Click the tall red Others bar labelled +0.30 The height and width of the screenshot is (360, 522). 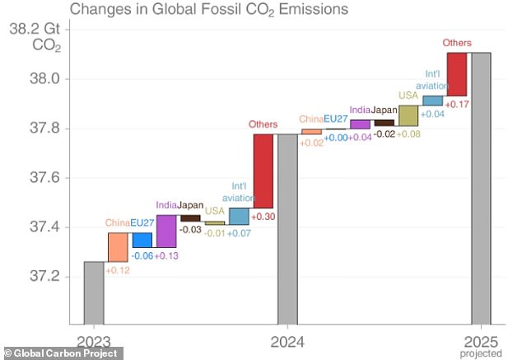(x=263, y=171)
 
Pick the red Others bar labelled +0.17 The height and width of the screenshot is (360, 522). (x=457, y=74)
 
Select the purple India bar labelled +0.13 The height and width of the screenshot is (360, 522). (x=166, y=231)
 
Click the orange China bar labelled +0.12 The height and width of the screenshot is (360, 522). (x=118, y=246)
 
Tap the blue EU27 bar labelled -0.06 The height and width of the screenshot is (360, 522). (x=142, y=240)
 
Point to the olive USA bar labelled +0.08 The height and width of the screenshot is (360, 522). (x=408, y=115)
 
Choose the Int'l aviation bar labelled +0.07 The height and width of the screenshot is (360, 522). (x=239, y=216)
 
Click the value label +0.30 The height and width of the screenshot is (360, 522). (x=263, y=215)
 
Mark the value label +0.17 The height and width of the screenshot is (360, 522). (x=457, y=104)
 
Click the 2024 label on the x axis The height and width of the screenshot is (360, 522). (x=287, y=340)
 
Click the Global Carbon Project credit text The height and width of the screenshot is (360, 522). (x=64, y=353)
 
